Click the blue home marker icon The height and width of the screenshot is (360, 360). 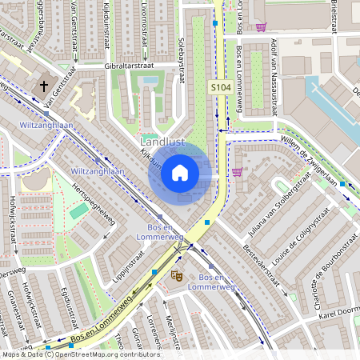pyautogui.click(x=180, y=172)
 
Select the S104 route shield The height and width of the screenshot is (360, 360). pyautogui.click(x=221, y=86)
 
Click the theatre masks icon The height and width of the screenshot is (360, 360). pyautogui.click(x=176, y=275)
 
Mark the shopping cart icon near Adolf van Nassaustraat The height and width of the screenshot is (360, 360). pyautogui.click(x=261, y=26)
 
